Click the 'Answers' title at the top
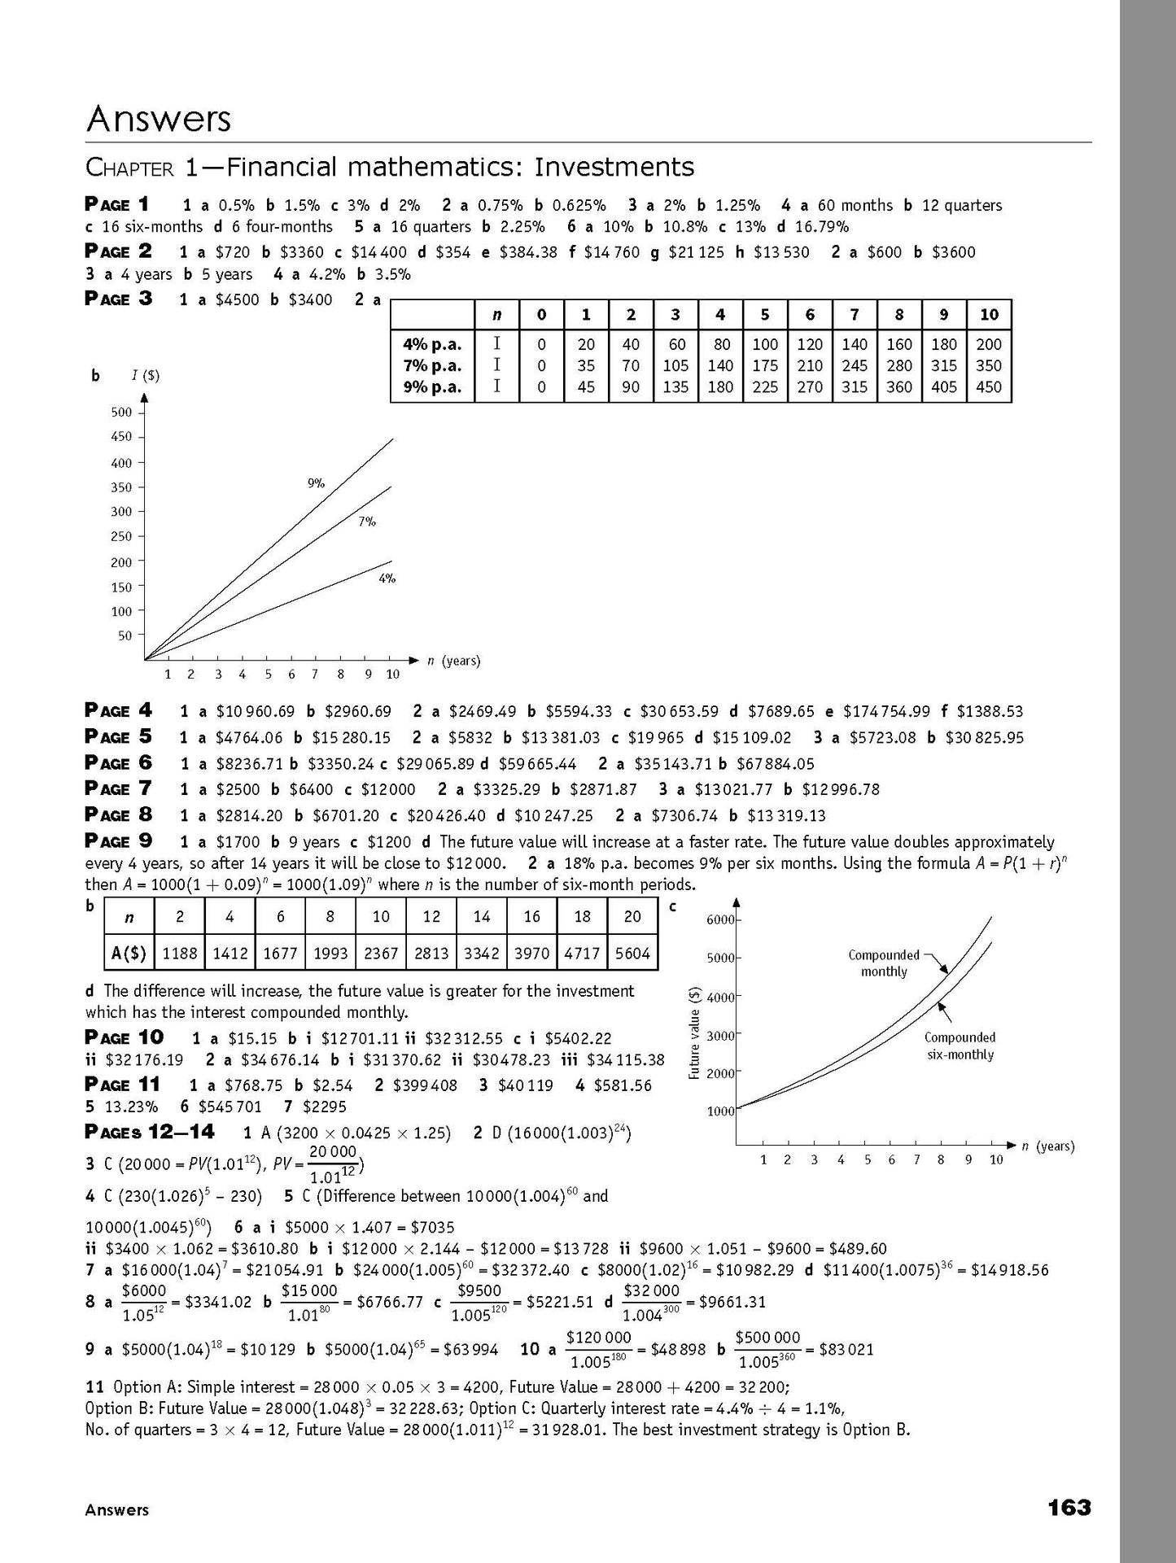click(159, 120)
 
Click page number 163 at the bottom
click(1069, 1508)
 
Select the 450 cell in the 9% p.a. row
click(988, 387)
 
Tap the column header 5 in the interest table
click(765, 315)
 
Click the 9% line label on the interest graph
click(316, 483)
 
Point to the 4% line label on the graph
click(387, 578)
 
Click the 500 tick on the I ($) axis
click(120, 413)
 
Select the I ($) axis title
click(146, 375)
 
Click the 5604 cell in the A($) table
click(632, 954)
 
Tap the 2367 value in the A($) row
click(381, 954)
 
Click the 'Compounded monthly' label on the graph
click(883, 963)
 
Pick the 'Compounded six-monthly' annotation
click(960, 1046)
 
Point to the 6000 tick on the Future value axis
click(719, 919)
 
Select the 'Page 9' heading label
click(118, 841)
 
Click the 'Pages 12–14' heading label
click(150, 1132)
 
